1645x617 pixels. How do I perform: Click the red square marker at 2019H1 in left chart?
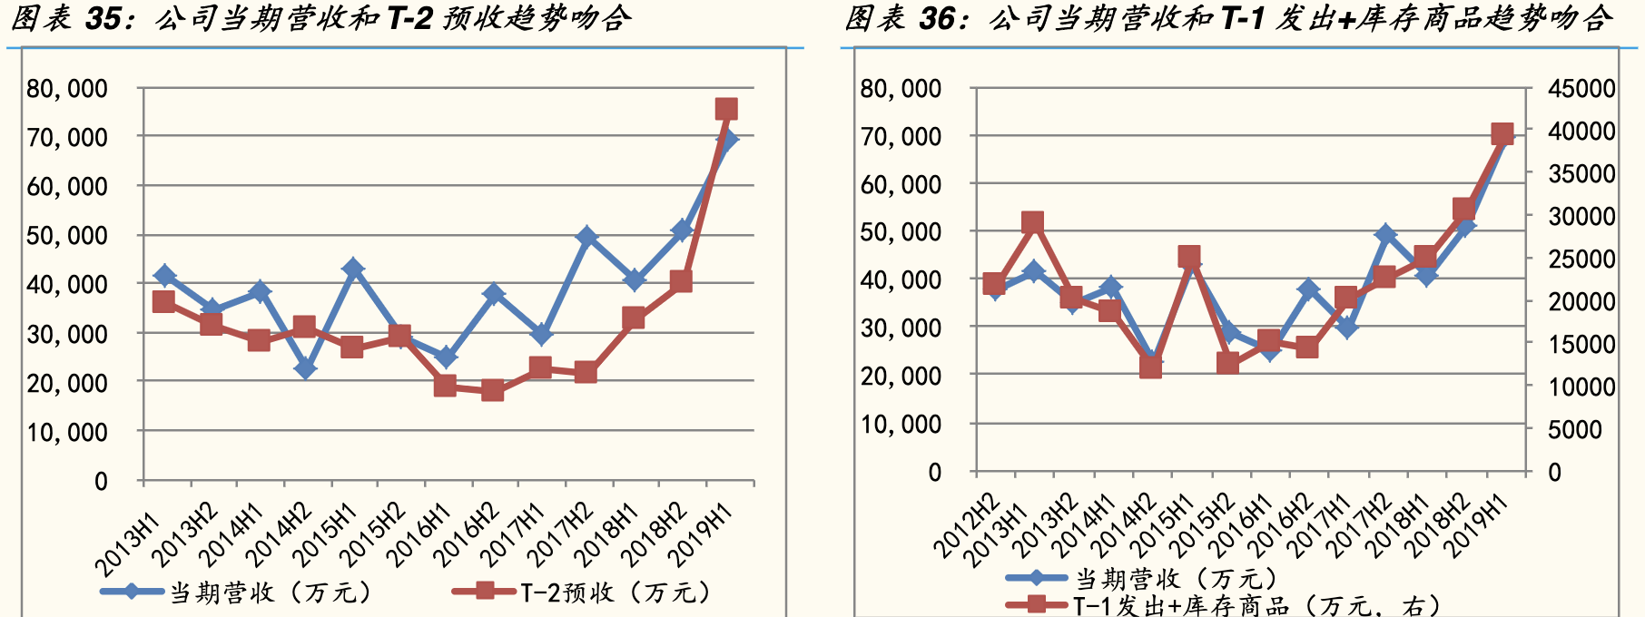726,110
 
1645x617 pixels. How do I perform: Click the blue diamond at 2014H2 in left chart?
305,368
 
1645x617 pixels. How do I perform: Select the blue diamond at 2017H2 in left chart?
586,237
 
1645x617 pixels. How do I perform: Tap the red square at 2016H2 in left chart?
493,391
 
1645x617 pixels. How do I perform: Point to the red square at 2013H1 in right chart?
1032,223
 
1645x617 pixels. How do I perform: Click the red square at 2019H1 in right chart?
1502,135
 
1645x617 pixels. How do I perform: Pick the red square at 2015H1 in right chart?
1189,258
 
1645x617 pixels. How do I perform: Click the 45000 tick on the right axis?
1581,89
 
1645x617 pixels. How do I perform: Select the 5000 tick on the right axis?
1575,429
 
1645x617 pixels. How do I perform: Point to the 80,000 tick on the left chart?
67,89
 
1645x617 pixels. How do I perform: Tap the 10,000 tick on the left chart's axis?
67,433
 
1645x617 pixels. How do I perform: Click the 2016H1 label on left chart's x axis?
419,535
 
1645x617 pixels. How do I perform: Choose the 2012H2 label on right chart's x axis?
968,526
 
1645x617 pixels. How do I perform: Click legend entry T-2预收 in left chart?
581,593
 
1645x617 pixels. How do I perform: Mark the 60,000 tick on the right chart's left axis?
901,185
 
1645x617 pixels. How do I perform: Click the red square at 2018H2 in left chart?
681,281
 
